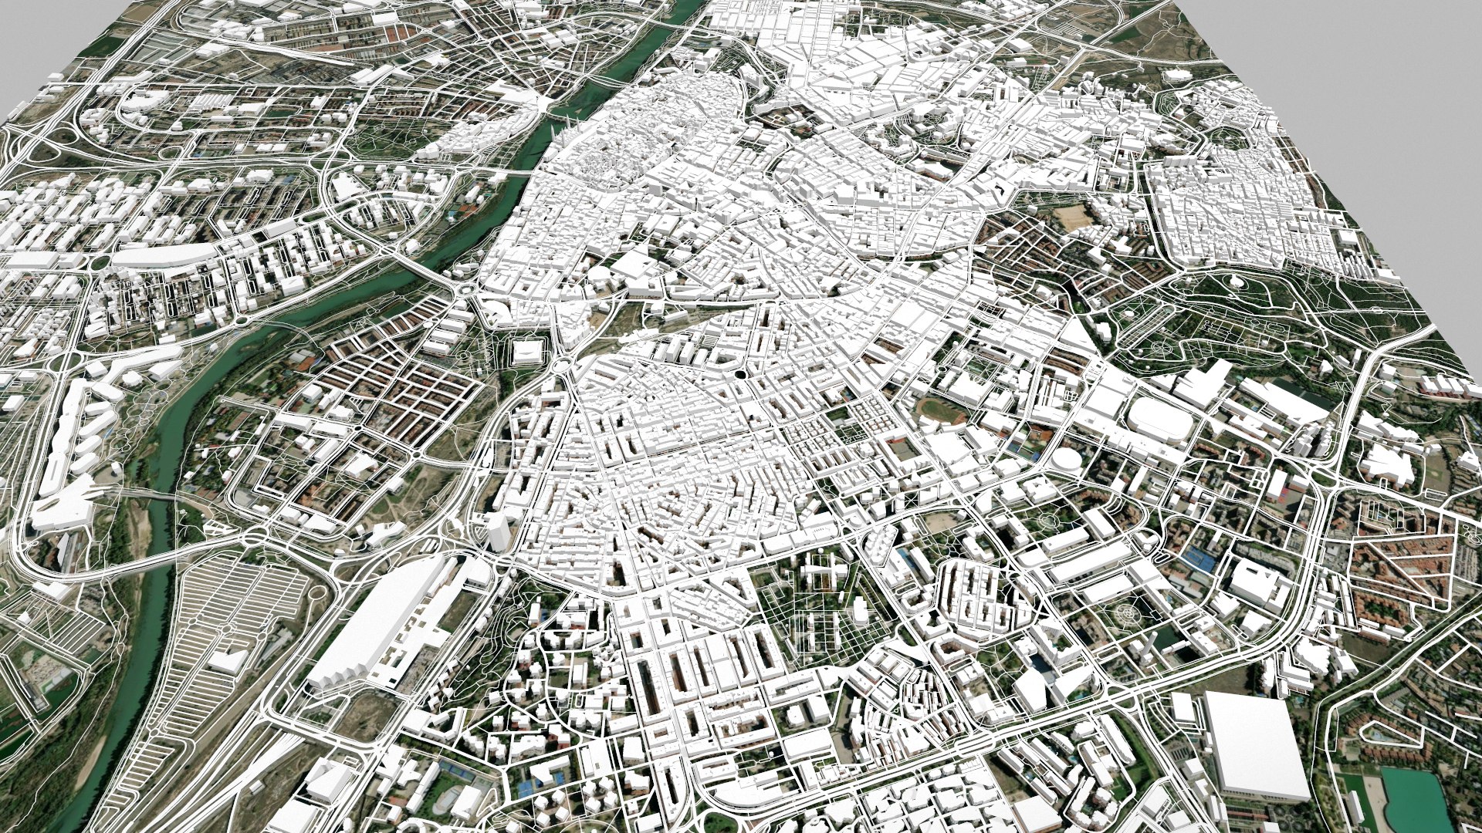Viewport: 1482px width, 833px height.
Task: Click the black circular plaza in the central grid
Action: coord(739,374)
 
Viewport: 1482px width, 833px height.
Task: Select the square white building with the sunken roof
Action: coord(527,352)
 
